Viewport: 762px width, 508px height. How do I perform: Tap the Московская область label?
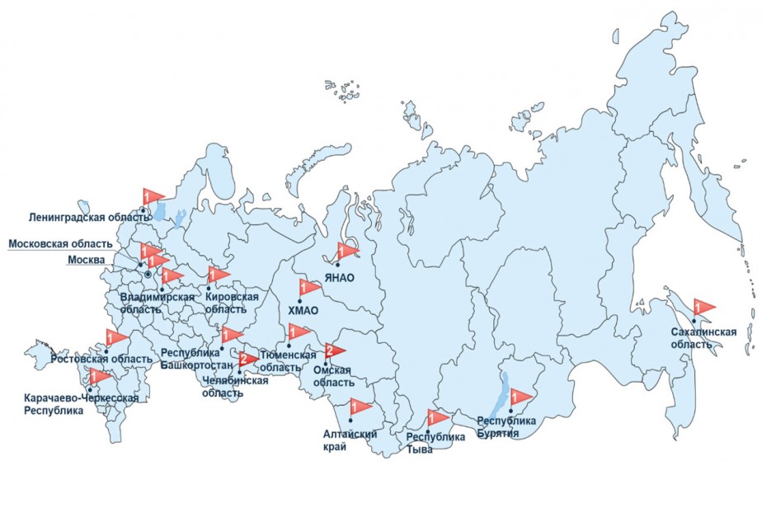(59, 244)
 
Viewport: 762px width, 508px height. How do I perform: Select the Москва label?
(86, 261)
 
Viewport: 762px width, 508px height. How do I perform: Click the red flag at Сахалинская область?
(704, 308)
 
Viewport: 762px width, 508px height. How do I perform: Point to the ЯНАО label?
(339, 278)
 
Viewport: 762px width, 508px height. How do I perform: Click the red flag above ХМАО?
(309, 289)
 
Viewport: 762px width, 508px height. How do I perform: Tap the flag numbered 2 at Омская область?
(334, 351)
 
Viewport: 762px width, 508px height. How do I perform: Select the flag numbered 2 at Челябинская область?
(247, 360)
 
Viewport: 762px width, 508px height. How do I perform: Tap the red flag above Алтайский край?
(360, 407)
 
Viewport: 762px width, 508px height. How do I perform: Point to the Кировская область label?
(226, 303)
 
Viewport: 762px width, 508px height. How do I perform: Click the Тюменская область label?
(288, 360)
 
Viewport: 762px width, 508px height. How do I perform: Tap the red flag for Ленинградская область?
(153, 197)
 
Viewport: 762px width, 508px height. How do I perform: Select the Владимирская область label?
(157, 302)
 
